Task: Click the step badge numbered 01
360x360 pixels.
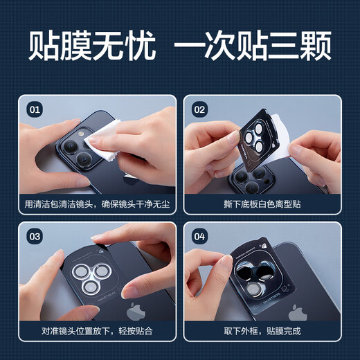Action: tap(34, 109)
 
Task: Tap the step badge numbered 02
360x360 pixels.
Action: tap(199, 109)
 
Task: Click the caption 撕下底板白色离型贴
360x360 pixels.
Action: tap(262, 204)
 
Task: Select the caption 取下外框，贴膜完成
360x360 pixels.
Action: tap(262, 331)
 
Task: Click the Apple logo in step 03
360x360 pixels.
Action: tap(134, 309)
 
